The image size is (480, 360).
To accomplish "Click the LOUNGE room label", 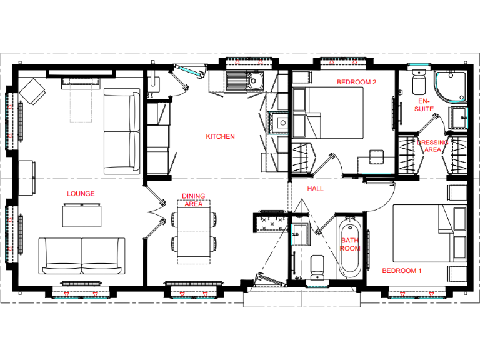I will click(81, 194).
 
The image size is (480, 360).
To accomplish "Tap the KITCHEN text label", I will click(220, 136).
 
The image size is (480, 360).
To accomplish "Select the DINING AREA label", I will click(193, 200).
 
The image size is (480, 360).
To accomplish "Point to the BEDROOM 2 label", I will click(356, 82).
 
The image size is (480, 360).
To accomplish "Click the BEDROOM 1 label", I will click(402, 271).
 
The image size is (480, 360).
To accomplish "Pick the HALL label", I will click(316, 188).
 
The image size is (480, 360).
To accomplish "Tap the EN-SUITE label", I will click(424, 104).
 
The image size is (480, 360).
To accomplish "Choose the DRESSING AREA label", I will click(432, 146).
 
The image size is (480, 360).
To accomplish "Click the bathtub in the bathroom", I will click(349, 247).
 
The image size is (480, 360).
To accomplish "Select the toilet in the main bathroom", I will click(316, 267).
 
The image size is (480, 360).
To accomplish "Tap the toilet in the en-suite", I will click(419, 82).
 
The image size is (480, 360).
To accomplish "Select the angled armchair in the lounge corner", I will click(32, 92).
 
